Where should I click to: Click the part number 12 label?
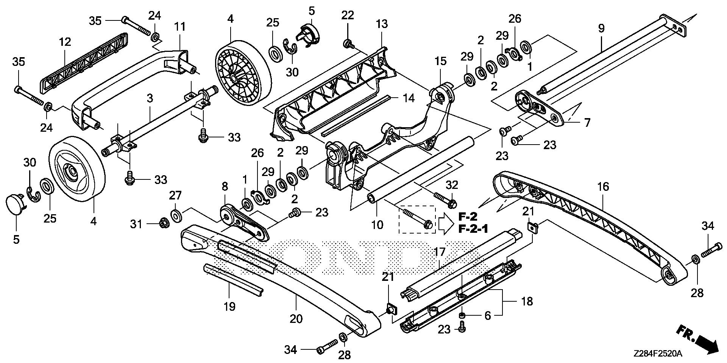pyautogui.click(x=65, y=42)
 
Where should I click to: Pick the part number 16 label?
pyautogui.click(x=603, y=186)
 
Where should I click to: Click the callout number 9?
pyautogui.click(x=601, y=28)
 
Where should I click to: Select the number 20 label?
pyautogui.click(x=296, y=319)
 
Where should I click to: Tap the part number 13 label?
pyautogui.click(x=382, y=24)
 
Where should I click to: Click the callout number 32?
pyautogui.click(x=452, y=185)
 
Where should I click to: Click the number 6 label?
pyautogui.click(x=488, y=315)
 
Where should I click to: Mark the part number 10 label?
pyautogui.click(x=377, y=225)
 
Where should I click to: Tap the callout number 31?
pyautogui.click(x=136, y=224)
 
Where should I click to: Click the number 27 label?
pyautogui.click(x=175, y=195)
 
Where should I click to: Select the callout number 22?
pyautogui.click(x=348, y=15)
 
